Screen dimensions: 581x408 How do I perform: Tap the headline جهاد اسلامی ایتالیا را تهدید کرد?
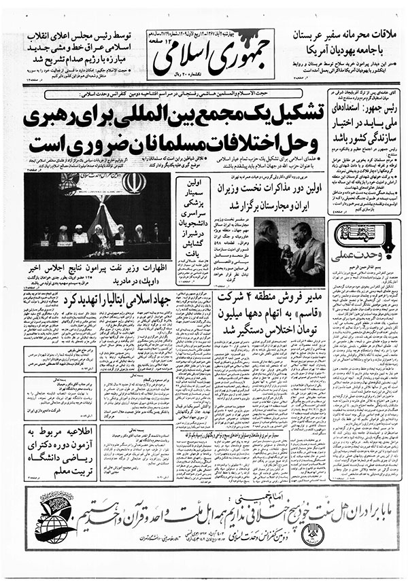click(102, 300)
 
